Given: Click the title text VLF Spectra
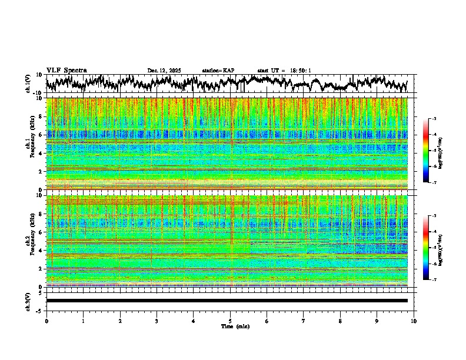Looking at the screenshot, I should [x=66, y=70].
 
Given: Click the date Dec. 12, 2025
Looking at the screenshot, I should [x=164, y=71].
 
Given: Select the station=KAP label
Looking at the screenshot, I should [x=218, y=71].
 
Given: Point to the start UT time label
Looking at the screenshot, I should [x=284, y=71].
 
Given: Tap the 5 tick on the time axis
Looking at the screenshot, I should [x=230, y=321].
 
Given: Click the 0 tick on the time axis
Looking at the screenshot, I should [x=46, y=321].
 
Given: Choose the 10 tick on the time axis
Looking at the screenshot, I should [x=414, y=321].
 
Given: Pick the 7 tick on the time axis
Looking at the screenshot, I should [x=304, y=321].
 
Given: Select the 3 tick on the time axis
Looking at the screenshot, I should [x=157, y=321].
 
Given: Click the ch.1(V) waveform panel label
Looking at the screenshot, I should [x=28, y=84].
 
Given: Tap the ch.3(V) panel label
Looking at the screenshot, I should [x=28, y=301].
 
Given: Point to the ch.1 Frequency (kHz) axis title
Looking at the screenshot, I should [x=29, y=144].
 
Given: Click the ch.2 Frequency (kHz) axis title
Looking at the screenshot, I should [x=29, y=241].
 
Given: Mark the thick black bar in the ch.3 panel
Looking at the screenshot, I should [x=227, y=301].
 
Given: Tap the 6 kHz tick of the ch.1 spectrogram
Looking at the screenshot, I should [x=41, y=135].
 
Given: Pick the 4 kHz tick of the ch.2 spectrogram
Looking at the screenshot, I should [x=41, y=250].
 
